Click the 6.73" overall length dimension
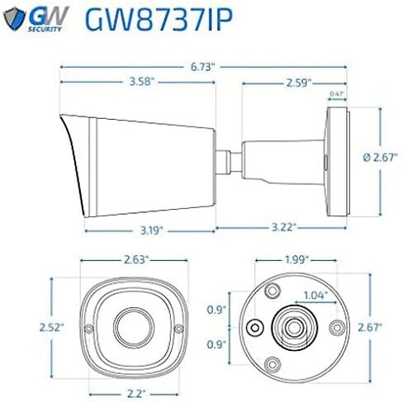(x=202, y=67)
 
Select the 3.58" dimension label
(x=140, y=82)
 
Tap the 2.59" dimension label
(x=299, y=83)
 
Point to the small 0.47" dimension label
(x=337, y=93)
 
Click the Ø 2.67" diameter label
(x=381, y=158)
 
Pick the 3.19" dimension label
(x=152, y=230)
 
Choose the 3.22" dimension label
(x=284, y=227)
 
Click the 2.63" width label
(x=136, y=260)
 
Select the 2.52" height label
(x=52, y=327)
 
